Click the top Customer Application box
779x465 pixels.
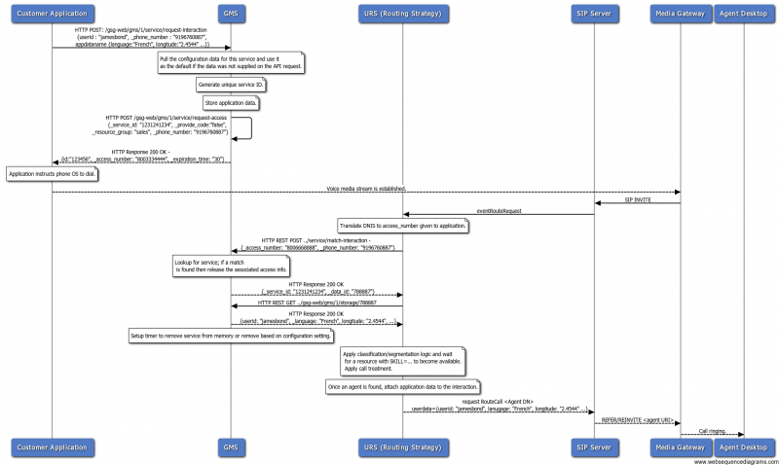click(x=52, y=15)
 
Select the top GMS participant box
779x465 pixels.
click(x=231, y=15)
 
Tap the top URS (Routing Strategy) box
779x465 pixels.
click(x=403, y=15)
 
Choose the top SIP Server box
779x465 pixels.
click(x=594, y=15)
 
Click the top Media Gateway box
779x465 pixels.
click(x=680, y=15)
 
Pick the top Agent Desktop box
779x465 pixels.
click(x=743, y=15)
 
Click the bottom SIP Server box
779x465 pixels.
click(x=594, y=447)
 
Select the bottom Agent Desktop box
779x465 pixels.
click(x=743, y=447)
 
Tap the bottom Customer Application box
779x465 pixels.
click(x=52, y=447)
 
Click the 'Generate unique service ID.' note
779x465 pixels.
click(x=231, y=85)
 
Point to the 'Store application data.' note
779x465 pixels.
click(x=231, y=102)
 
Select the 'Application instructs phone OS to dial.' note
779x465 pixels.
click(x=52, y=174)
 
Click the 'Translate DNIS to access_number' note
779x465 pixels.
click(x=403, y=225)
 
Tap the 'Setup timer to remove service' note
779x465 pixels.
click(x=231, y=335)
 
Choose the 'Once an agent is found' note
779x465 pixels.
click(x=403, y=387)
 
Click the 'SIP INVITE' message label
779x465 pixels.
click(x=637, y=199)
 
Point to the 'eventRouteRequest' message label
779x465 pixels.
click(x=499, y=210)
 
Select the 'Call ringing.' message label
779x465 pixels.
click(x=711, y=430)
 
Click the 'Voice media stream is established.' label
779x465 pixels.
click(x=365, y=188)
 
